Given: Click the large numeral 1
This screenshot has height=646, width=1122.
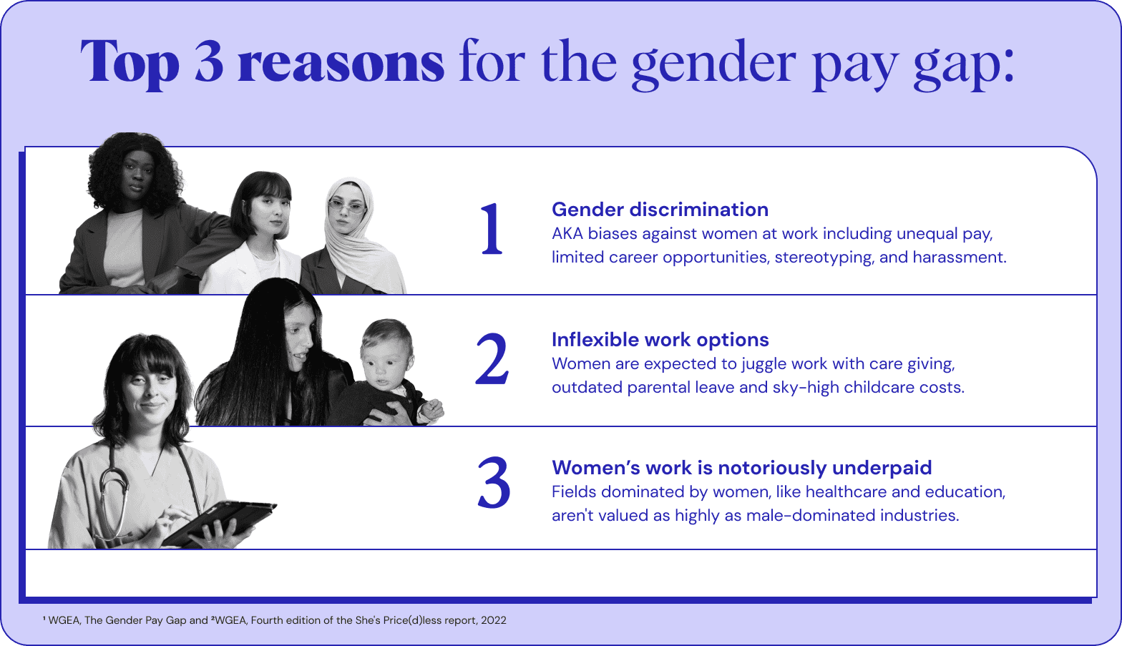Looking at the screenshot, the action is tap(492, 230).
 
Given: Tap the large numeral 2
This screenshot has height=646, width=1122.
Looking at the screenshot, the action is tap(492, 359).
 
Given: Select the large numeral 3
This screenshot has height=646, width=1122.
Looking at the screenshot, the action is tap(494, 482).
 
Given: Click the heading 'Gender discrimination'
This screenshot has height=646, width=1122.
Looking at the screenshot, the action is tap(660, 210).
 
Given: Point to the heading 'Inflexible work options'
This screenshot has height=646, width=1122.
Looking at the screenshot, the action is tap(660, 340).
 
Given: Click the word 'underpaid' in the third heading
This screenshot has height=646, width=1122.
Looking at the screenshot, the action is tap(882, 468).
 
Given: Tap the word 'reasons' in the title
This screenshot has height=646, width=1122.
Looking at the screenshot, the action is tap(341, 63).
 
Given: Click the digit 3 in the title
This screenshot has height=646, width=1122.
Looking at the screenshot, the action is tap(209, 61).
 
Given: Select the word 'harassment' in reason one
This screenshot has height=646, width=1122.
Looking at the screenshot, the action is tap(959, 257).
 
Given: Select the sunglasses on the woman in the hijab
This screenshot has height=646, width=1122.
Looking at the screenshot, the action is tap(347, 206).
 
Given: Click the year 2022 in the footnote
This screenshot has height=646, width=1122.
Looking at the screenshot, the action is tap(494, 620).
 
